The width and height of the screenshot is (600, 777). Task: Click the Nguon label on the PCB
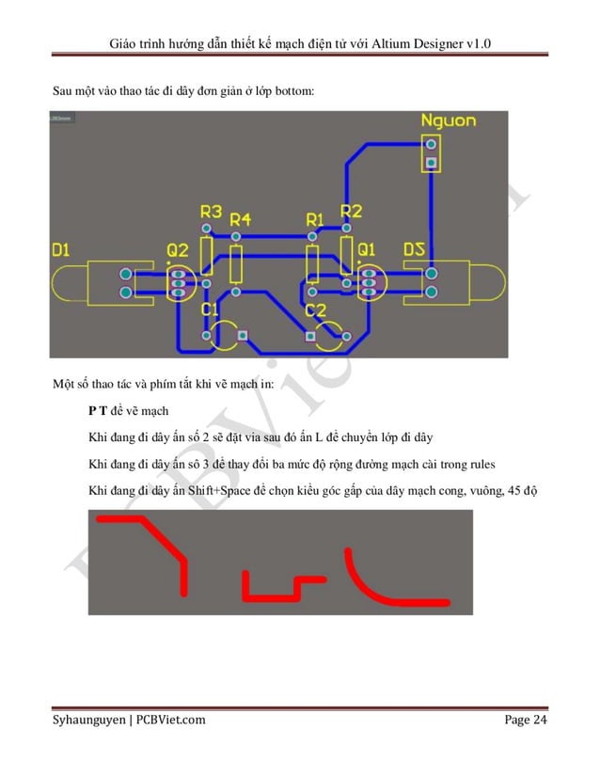pyautogui.click(x=448, y=121)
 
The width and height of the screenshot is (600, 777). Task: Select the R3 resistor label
pyautogui.click(x=211, y=212)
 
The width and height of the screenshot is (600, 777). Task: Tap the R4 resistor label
pyautogui.click(x=241, y=218)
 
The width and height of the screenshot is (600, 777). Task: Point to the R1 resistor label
pyautogui.click(x=316, y=219)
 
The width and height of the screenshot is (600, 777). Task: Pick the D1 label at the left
pyautogui.click(x=61, y=251)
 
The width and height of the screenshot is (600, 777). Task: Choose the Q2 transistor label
pyautogui.click(x=178, y=250)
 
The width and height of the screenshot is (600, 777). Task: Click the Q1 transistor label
pyautogui.click(x=366, y=250)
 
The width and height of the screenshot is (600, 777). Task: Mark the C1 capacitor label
pyautogui.click(x=210, y=309)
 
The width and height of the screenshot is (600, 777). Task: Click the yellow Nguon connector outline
pyautogui.click(x=432, y=154)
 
